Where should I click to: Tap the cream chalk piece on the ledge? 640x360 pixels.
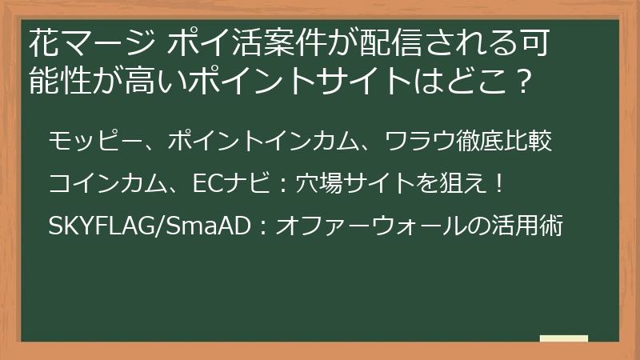pos(564,338)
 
